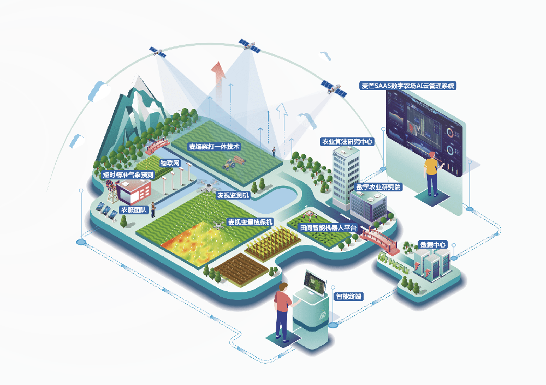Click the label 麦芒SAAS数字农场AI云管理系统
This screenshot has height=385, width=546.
tap(408, 86)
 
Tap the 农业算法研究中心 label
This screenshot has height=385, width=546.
tap(347, 142)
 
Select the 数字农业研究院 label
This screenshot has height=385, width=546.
tap(378, 187)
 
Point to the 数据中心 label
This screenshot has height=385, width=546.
tap(433, 245)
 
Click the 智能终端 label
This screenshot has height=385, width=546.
tap(348, 297)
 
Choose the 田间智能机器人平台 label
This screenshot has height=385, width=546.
tap(328, 228)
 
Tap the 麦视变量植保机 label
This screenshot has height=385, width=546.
tap(250, 222)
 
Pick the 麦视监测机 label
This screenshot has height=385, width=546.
tap(233, 195)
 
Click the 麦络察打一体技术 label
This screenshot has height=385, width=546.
tap(214, 147)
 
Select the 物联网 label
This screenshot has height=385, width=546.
tap(170, 163)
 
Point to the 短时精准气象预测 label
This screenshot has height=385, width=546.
tap(128, 175)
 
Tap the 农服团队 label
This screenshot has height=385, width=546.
tap(134, 210)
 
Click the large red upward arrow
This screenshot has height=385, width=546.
tap(218, 81)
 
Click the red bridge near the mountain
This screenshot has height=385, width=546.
tap(157, 146)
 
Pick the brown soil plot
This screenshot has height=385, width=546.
tap(241, 269)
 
